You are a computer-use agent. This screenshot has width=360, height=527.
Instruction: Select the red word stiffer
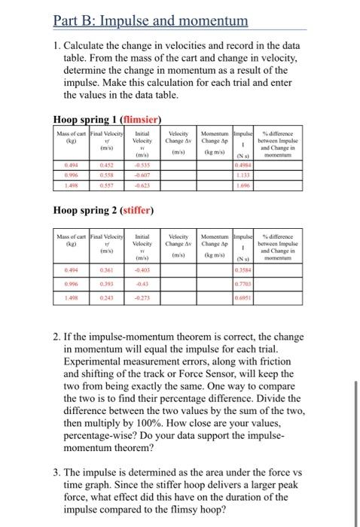134,209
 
